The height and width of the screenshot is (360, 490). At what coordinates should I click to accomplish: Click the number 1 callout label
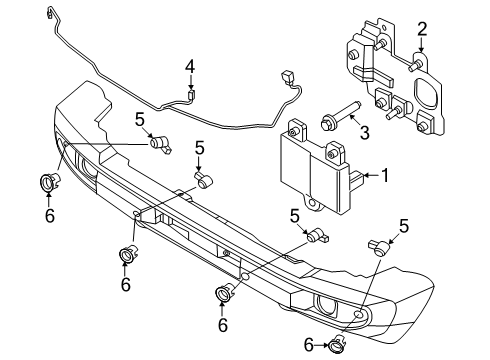pyautogui.click(x=384, y=176)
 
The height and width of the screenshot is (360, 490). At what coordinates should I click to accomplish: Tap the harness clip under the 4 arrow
pyautogui.click(x=192, y=97)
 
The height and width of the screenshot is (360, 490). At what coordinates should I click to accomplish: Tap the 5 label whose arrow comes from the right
pyautogui.click(x=405, y=225)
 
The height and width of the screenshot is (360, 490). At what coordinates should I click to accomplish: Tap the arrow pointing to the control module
pyautogui.click(x=371, y=176)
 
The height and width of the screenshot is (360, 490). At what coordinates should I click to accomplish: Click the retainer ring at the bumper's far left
pyautogui.click(x=48, y=182)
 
